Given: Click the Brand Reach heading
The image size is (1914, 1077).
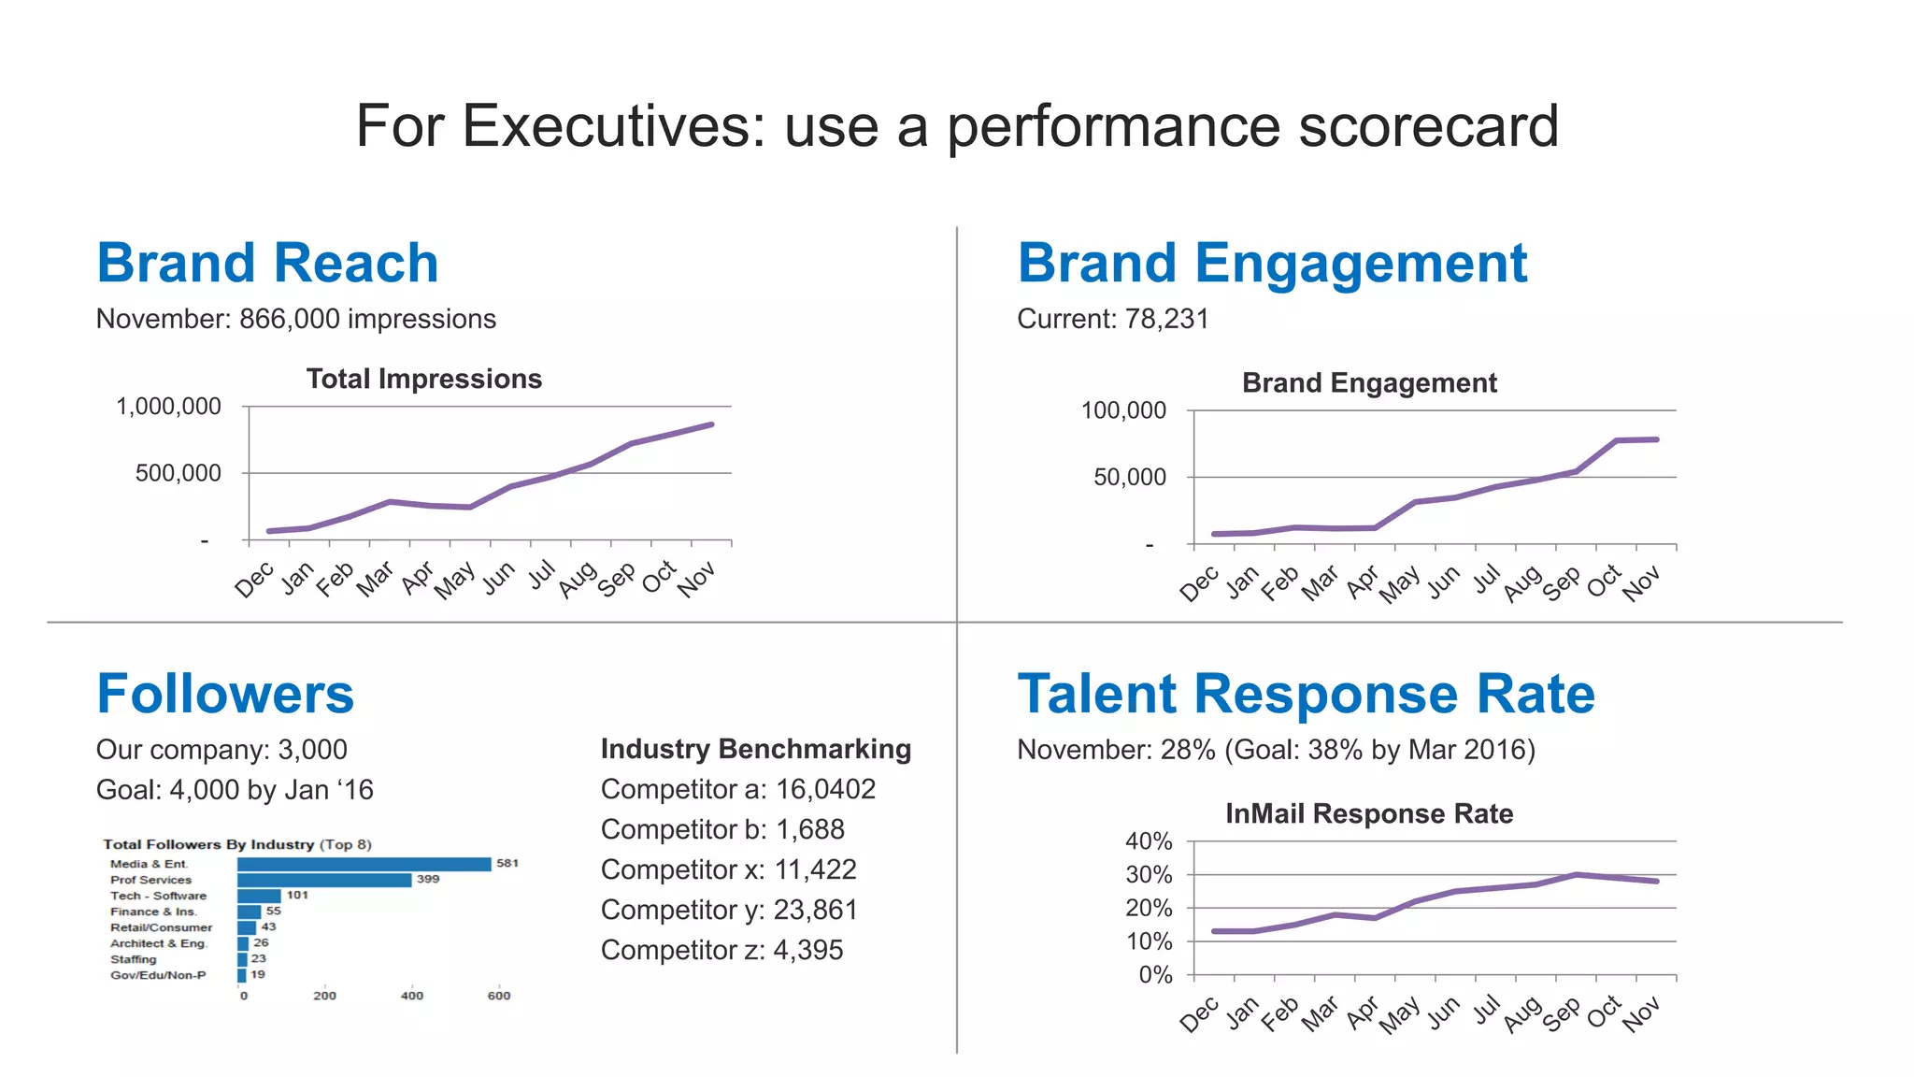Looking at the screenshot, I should tap(267, 263).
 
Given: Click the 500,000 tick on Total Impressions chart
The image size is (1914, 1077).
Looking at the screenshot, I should tap(178, 473).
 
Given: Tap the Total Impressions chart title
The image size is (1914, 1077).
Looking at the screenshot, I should tap(423, 379).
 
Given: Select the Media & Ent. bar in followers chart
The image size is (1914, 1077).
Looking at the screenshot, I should tap(364, 864).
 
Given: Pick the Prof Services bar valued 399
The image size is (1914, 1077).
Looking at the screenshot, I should tap(323, 880).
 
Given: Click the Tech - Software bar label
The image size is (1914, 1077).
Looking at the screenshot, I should tap(158, 896).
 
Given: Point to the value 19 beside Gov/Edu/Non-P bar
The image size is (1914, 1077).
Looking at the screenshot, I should tap(258, 974).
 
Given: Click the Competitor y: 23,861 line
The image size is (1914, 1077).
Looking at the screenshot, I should tap(728, 910).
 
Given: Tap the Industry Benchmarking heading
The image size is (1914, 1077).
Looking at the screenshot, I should tap(755, 749).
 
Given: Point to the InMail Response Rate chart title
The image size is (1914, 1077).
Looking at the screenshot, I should tap(1368, 813).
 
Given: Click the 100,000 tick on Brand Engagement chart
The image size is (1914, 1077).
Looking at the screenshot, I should tap(1123, 410).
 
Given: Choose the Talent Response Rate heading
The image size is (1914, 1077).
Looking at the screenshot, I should tap(1306, 694).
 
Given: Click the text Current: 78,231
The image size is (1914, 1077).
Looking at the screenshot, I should tap(1112, 319).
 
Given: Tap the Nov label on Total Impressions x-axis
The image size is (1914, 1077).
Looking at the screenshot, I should tap(696, 579).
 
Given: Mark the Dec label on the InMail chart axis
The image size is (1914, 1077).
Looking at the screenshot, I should tap(1198, 1014).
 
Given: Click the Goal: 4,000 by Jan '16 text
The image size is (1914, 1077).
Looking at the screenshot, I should tap(235, 790).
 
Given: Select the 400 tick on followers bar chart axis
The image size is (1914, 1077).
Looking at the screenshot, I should tap(411, 996).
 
